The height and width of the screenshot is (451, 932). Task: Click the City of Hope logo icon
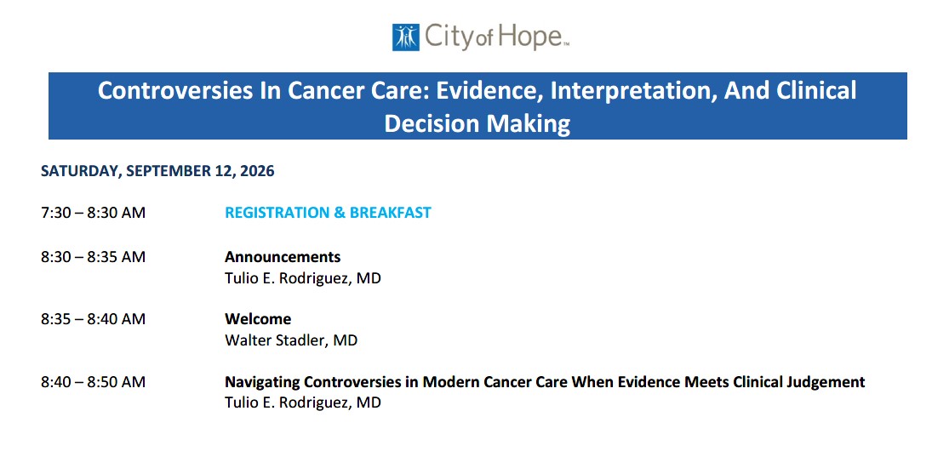[405, 37]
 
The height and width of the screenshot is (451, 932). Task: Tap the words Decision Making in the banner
[477, 123]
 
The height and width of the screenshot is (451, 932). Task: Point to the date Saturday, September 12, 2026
[157, 171]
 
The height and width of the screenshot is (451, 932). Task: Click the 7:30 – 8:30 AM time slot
[93, 212]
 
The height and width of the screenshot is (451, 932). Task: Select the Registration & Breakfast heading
[328, 212]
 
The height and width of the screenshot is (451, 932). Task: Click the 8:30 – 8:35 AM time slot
[93, 257]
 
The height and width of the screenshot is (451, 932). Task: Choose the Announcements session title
[283, 257]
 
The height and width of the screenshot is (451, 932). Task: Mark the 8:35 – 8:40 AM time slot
[93, 319]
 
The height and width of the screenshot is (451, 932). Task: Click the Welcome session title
[258, 319]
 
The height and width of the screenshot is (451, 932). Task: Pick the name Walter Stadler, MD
[291, 340]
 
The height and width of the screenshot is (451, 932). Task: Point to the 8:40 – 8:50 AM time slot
[93, 381]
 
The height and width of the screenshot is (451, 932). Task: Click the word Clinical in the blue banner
[811, 91]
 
